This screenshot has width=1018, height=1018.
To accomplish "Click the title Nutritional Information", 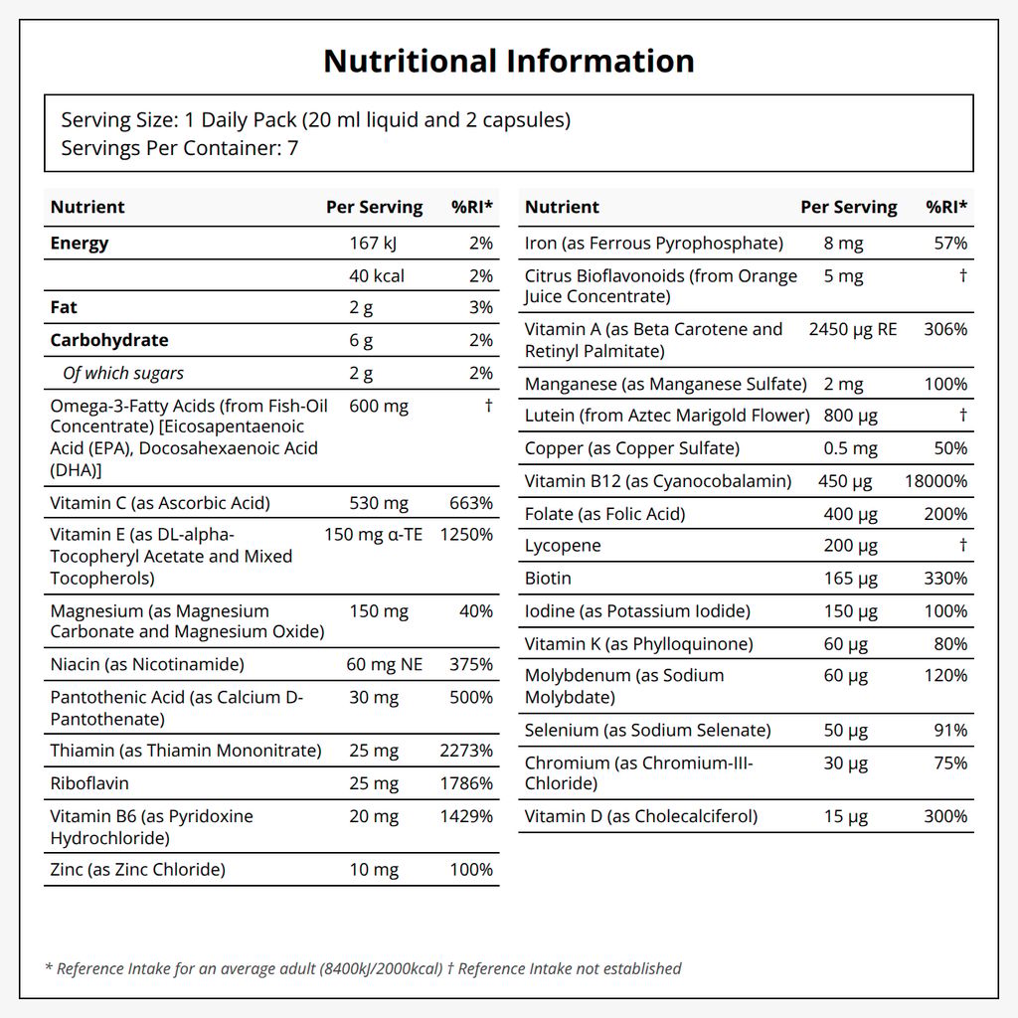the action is tap(509, 61).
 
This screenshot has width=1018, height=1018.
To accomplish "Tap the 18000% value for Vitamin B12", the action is tap(935, 481).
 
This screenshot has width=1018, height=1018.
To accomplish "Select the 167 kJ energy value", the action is tap(373, 244).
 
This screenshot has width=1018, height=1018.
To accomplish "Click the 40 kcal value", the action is tap(377, 276).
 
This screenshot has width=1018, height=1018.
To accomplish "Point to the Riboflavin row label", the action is tap(89, 783).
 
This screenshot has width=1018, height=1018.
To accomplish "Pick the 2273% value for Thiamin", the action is tap(466, 751).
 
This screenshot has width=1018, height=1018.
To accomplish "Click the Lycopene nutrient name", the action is tap(563, 546).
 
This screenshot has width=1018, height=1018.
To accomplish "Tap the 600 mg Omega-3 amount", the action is tap(379, 407).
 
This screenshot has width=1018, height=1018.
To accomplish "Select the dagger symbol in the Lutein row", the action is tap(963, 415).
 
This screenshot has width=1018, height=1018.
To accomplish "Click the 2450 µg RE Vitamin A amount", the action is tap(853, 329).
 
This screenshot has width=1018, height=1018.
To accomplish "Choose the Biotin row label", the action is tap(548, 578).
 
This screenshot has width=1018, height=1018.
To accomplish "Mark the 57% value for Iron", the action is tap(950, 244).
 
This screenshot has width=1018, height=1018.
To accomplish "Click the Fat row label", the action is tap(64, 307).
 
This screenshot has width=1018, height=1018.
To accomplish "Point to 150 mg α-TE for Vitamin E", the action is tap(374, 534).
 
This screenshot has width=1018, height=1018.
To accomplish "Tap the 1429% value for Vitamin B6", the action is tap(466, 816).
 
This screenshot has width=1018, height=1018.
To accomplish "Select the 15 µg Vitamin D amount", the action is tap(846, 817).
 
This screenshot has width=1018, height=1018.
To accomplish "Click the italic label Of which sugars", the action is tap(123, 374).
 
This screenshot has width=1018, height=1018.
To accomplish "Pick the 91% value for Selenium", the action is tap(950, 731).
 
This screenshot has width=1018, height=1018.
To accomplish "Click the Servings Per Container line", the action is tap(180, 148).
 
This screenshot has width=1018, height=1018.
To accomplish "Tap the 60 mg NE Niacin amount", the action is tap(385, 665).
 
